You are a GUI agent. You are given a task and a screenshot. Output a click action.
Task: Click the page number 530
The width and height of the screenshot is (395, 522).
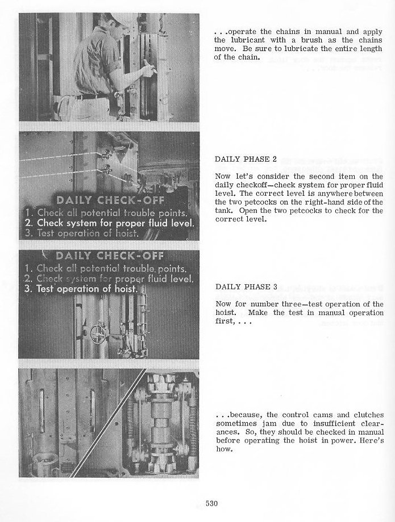211,502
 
